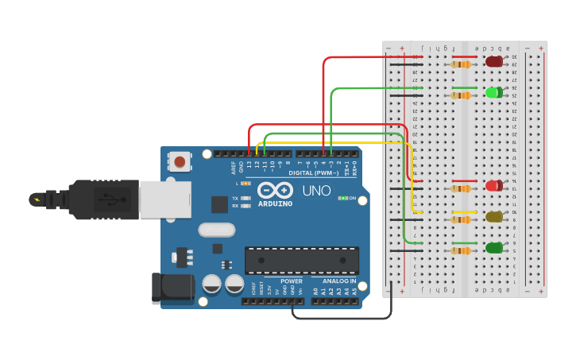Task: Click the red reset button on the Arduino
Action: coord(180,162)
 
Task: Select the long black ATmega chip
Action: coord(301,260)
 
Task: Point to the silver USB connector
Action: coord(165,199)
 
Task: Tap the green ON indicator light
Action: coord(342,198)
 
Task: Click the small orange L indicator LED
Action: coord(246,184)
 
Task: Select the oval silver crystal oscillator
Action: coord(217,230)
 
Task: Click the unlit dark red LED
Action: coord(494,61)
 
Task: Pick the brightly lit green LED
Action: coord(493,92)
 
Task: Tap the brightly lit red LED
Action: coord(493,186)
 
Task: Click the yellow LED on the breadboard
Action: coord(493,216)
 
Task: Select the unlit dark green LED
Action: coord(493,248)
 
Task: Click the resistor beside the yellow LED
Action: coord(460,219)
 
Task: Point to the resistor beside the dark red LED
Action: coord(460,64)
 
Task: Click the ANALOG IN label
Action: coord(338,281)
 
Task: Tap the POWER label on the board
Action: coord(291,281)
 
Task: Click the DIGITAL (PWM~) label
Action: coord(313,172)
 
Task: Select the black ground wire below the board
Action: coord(342,318)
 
